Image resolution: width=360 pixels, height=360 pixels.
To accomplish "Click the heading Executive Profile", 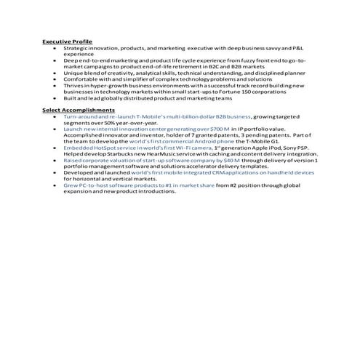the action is [x=67, y=41].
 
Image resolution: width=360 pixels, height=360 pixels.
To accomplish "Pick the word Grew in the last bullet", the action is [x=70, y=185].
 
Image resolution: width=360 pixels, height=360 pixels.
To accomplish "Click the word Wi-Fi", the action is [x=193, y=147].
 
